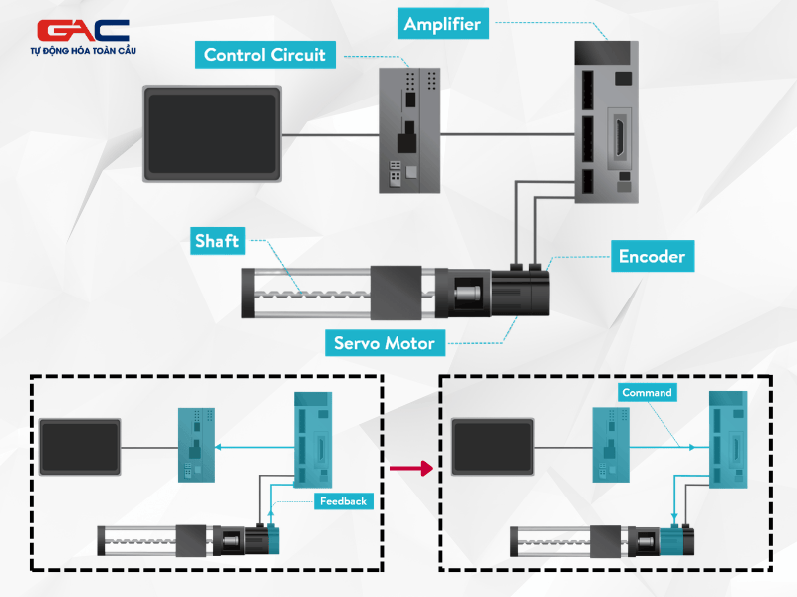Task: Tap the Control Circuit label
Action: [x=265, y=55]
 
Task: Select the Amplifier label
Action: [x=444, y=24]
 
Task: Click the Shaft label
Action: [x=216, y=241]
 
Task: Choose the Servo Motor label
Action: [x=384, y=343]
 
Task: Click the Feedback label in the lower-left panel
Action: [x=344, y=500]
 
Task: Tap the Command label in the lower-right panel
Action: [x=647, y=392]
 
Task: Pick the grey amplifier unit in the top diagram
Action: [x=606, y=120]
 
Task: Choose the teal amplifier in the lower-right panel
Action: [x=727, y=439]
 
